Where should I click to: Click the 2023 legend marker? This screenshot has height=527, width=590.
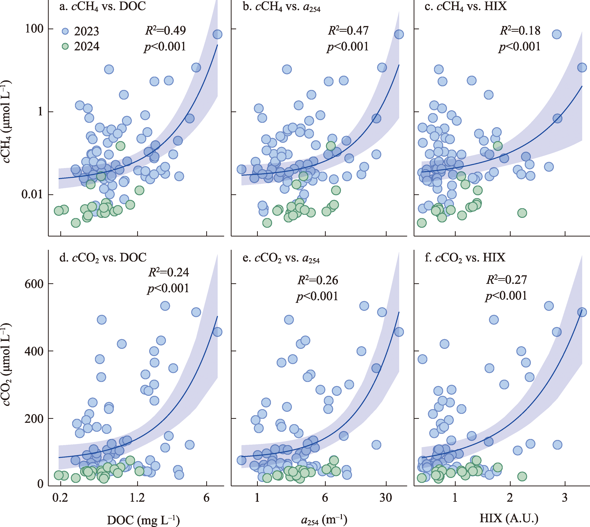65,31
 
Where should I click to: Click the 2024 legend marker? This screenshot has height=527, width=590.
65,46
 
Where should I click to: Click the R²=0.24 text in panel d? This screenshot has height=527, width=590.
168,272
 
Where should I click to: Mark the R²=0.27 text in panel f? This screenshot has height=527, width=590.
506,280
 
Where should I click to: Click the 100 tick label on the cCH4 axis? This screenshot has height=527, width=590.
34,29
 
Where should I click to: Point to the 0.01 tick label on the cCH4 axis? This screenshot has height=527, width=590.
32,194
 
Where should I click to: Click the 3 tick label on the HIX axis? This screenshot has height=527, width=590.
565,498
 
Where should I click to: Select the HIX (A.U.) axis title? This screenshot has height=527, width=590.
509,518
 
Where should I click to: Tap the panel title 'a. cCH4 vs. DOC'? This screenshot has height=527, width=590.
103,6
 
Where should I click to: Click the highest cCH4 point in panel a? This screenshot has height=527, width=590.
217,34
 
